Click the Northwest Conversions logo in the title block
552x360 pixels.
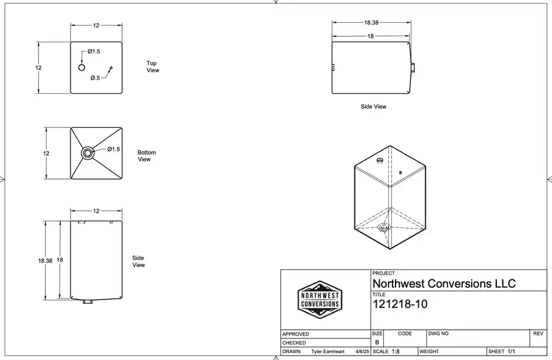[x=319, y=299]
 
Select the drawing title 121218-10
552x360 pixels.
[x=400, y=304]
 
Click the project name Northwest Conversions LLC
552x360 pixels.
[x=444, y=283]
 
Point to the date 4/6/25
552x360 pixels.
[x=362, y=352]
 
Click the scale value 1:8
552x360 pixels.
[x=396, y=352]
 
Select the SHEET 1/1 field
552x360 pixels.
[x=502, y=352]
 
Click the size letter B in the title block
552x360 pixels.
[x=377, y=342]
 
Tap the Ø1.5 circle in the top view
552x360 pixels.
[x=82, y=67]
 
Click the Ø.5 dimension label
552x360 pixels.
[x=94, y=78]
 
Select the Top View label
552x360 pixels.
[x=152, y=67]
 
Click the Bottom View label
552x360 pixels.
[x=147, y=156]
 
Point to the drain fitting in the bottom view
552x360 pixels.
[x=87, y=153]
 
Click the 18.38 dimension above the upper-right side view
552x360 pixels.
[x=371, y=23]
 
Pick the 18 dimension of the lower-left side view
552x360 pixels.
[x=60, y=260]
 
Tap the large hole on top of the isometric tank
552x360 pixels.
[x=380, y=161]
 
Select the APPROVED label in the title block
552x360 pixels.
[x=296, y=334]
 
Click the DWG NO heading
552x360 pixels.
[x=443, y=334]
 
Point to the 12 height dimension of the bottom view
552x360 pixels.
[x=46, y=153]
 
